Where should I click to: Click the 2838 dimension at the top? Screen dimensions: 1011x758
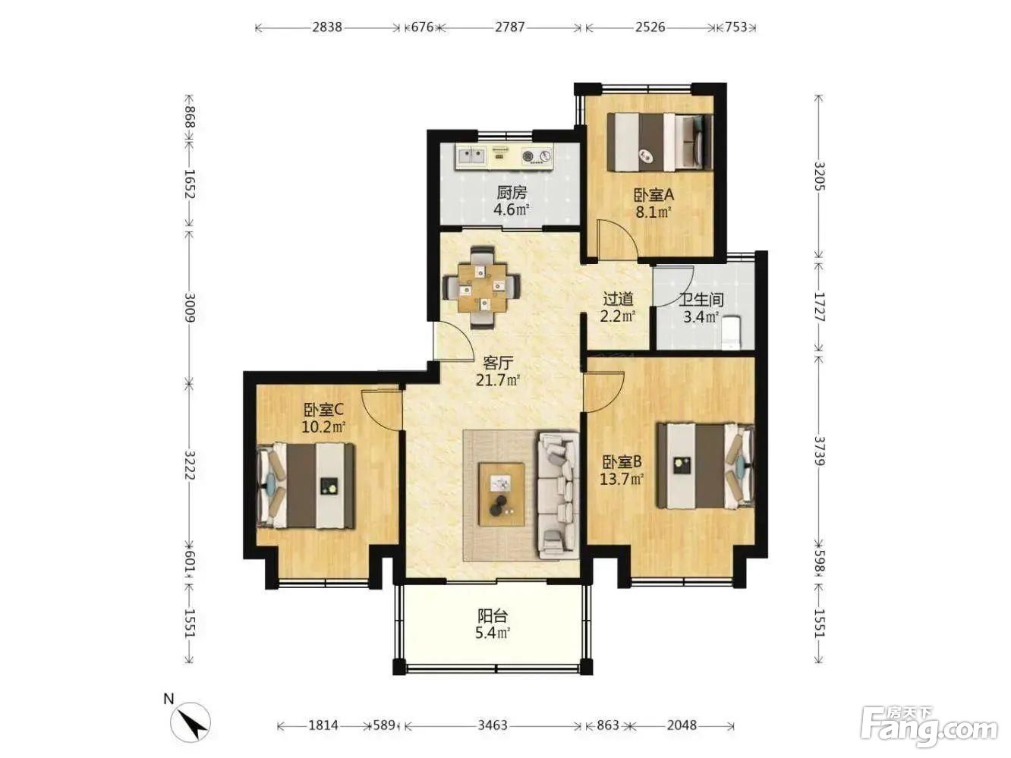point(327,27)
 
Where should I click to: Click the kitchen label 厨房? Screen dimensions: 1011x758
point(512,193)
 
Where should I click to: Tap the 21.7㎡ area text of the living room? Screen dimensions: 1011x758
point(497,380)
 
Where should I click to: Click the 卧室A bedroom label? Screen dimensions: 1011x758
point(654,195)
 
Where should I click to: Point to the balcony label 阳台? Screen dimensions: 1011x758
point(493,616)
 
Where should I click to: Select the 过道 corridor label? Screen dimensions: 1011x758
point(618,299)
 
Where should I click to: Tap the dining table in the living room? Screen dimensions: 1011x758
point(482,287)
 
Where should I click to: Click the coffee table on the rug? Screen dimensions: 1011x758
point(501,494)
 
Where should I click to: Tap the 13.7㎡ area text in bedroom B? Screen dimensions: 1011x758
point(622,479)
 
